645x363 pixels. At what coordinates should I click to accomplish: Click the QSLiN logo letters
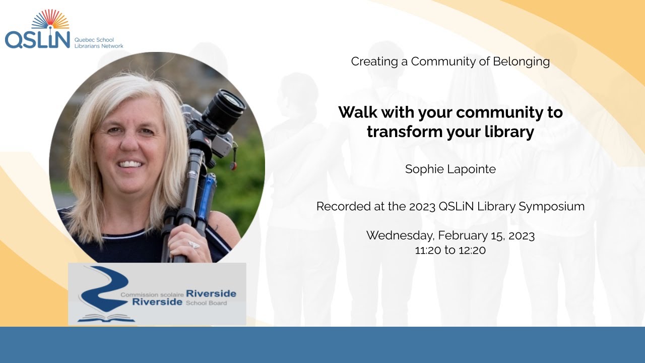pos(37,38)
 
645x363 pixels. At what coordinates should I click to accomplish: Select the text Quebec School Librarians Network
pos(98,42)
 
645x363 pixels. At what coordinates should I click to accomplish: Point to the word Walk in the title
pos(357,112)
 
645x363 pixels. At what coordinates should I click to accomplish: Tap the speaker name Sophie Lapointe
pos(450,169)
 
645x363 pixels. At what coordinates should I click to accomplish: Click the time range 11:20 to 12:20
pos(450,250)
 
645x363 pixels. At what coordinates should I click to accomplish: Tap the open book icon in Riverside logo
pos(106,318)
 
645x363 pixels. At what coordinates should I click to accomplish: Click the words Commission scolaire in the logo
pos(152,294)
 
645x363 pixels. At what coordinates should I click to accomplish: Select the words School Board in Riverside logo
pos(207,303)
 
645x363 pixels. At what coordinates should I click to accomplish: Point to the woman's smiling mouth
pos(132,164)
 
